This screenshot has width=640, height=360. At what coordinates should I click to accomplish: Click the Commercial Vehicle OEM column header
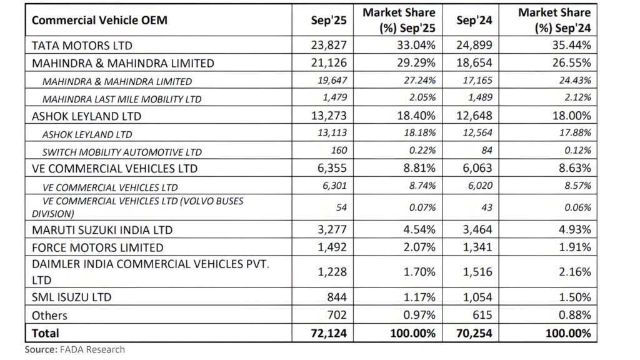point(99,20)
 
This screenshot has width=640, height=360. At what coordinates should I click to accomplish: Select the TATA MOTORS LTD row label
point(82,46)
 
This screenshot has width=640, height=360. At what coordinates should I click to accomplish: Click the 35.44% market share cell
point(567,46)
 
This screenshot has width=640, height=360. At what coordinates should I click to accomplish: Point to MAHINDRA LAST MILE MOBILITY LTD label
point(113,99)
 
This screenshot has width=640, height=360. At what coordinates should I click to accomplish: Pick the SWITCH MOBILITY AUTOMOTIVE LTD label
point(122,152)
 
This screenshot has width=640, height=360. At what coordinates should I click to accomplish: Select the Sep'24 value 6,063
point(479,169)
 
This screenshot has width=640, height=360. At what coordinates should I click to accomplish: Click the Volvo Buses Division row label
point(137,207)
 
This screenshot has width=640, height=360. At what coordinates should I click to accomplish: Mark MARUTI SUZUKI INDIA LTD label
point(102,230)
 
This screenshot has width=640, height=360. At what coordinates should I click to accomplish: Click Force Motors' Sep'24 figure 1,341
point(479,247)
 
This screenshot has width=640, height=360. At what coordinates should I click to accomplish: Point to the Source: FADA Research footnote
point(75,350)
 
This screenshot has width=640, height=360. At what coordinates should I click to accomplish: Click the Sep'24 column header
point(474,20)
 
